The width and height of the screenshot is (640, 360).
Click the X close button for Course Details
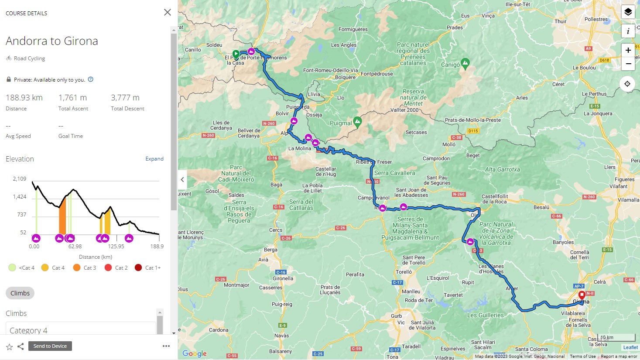[x=167, y=12]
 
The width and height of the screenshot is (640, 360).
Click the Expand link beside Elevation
[x=154, y=159]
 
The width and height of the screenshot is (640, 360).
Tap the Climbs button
[x=20, y=293]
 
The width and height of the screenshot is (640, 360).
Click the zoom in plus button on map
[x=628, y=50]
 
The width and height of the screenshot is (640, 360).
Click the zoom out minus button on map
[x=628, y=64]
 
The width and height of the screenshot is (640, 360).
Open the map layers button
[x=628, y=12]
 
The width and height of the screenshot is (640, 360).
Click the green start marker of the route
[x=236, y=54]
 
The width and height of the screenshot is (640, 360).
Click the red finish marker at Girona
[x=582, y=295]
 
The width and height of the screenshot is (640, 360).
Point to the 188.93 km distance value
[x=24, y=98]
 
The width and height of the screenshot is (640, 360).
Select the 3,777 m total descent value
[x=125, y=98]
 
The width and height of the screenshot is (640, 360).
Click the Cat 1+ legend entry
[x=148, y=267]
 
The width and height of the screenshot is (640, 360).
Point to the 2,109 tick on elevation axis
[x=20, y=179]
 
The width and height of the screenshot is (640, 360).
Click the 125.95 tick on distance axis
[x=116, y=247]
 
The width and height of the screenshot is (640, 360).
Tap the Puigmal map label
[x=341, y=123]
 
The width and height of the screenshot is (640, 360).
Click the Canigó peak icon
[x=465, y=63]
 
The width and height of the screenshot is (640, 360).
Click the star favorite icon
[x=9, y=346]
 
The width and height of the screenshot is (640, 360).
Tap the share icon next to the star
[x=21, y=346]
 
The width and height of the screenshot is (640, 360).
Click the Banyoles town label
[x=563, y=242]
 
